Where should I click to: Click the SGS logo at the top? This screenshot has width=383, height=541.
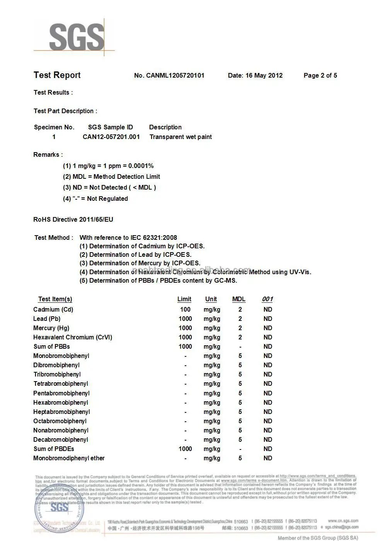pos(76,37)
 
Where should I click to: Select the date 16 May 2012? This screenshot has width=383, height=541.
pos(264,76)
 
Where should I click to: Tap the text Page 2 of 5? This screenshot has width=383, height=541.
pos(320,76)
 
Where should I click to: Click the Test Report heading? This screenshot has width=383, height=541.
pos(57,75)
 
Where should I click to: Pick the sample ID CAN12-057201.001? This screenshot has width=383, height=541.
pos(111,137)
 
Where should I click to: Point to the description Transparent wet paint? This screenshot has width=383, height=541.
pos(180,137)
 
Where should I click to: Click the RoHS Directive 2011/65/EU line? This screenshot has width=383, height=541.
pos(73,219)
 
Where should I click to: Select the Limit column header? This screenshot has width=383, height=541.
pos(184,299)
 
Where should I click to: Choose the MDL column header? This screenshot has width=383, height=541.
pos(239,299)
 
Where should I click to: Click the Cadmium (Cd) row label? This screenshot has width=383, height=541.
pos(53,309)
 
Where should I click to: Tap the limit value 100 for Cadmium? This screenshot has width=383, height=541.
pos(185,309)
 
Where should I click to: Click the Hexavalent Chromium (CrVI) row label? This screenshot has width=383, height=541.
pos(73,337)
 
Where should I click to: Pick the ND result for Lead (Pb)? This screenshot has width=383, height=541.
pos(268,319)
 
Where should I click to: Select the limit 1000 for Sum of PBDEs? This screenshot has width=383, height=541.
pos(185,449)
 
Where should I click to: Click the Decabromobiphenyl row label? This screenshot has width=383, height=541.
pos(61,439)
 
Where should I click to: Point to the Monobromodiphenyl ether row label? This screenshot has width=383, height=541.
pos(69,458)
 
